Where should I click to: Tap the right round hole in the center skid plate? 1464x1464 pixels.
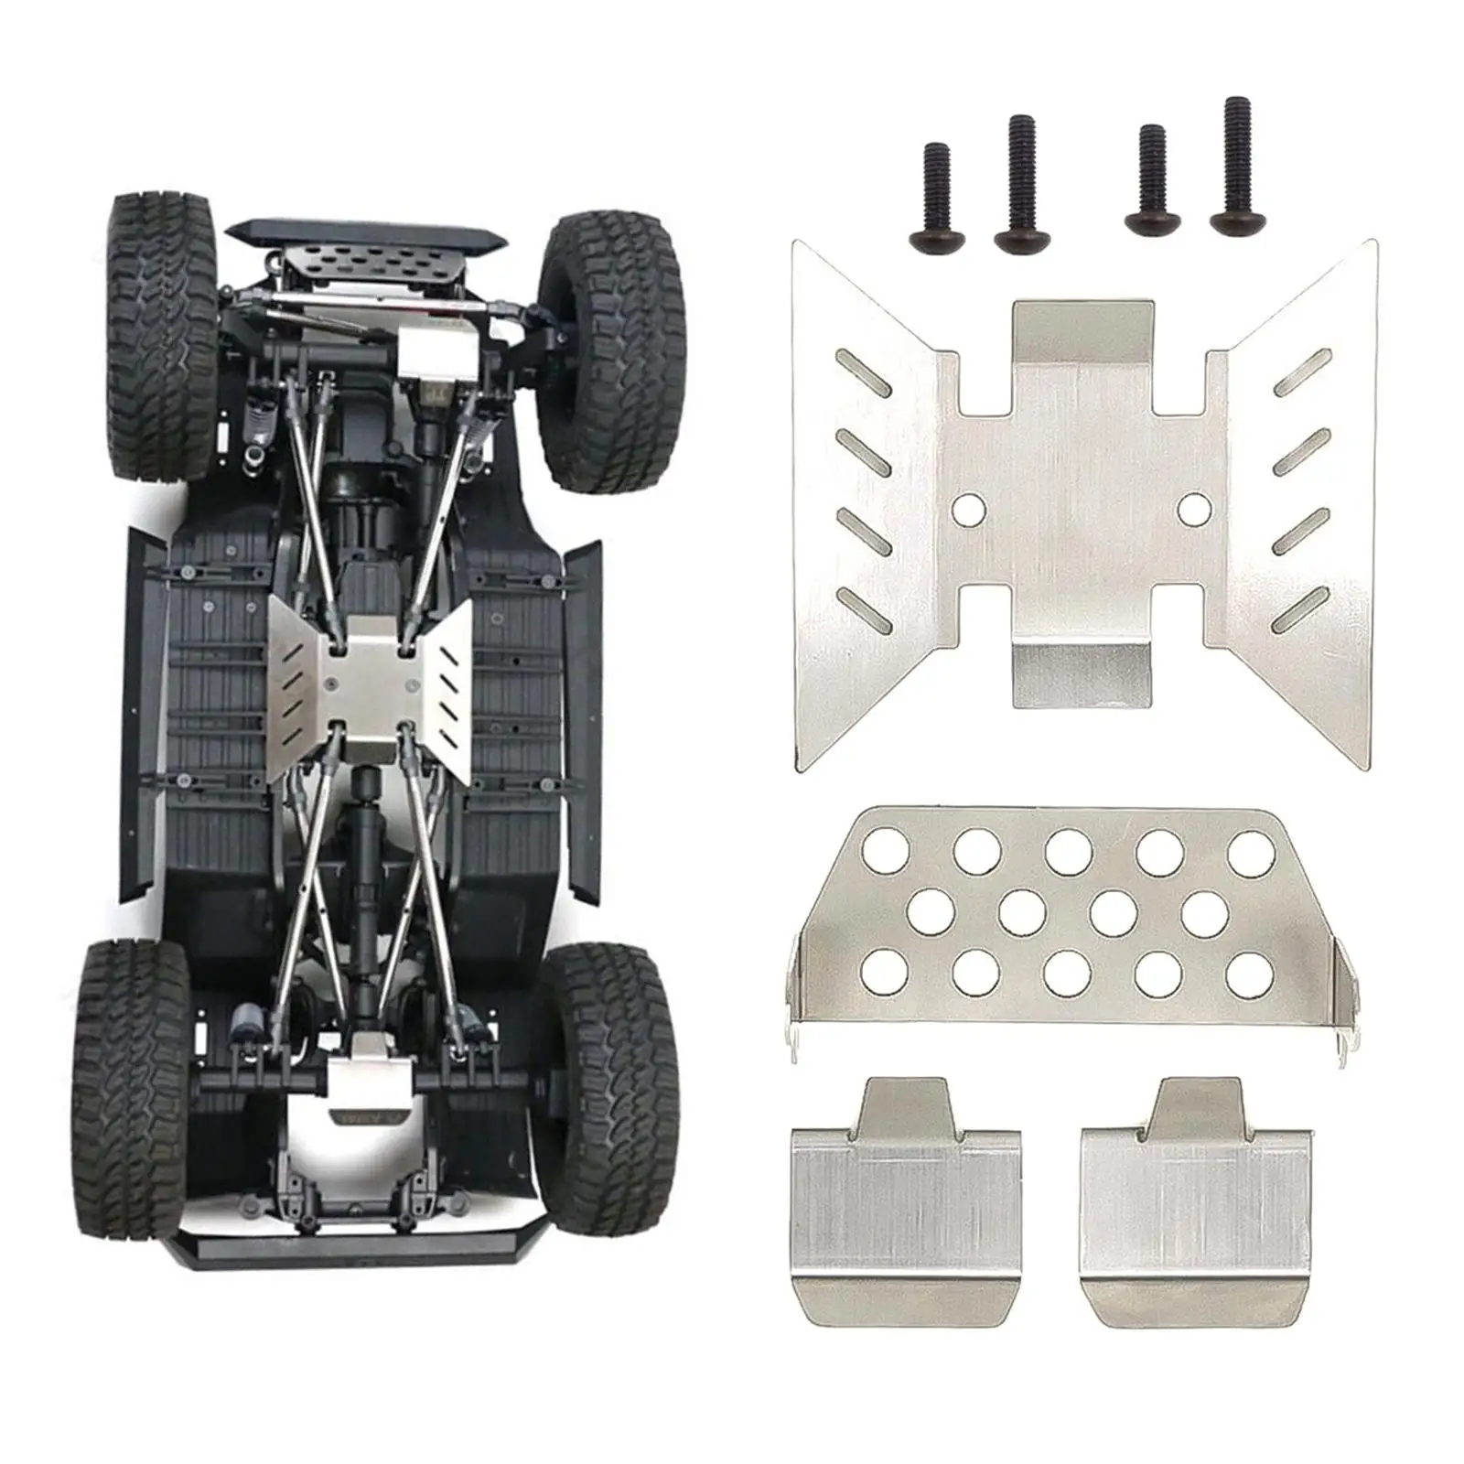coord(1192,508)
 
